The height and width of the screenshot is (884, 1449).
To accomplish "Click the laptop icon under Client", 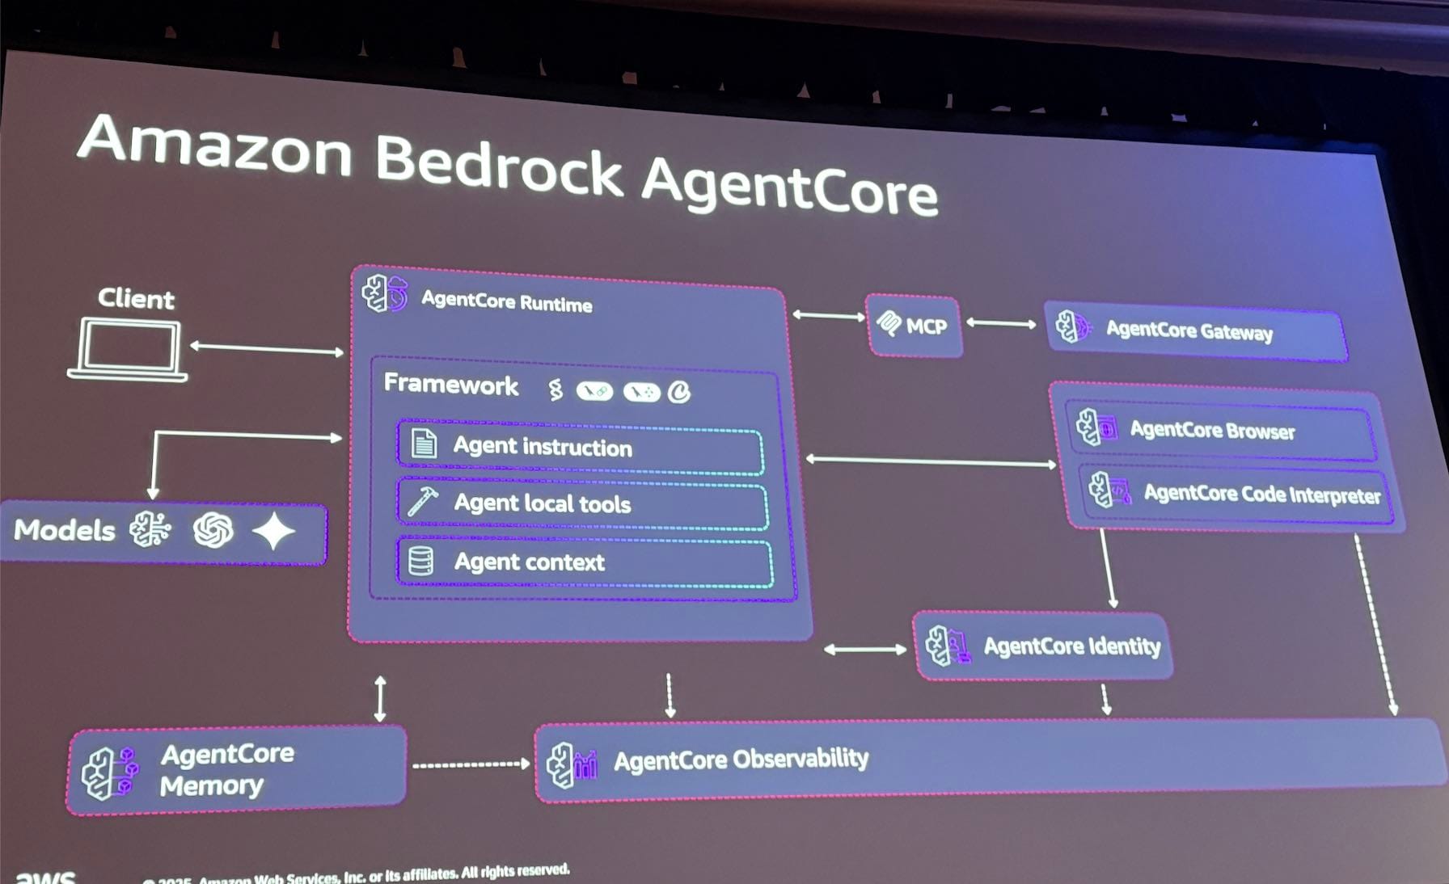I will click(x=128, y=349).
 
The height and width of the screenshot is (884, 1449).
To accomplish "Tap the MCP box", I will click(x=914, y=326).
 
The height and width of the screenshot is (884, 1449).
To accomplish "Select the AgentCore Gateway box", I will click(x=1195, y=330).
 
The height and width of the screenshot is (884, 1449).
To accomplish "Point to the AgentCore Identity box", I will click(x=1043, y=646).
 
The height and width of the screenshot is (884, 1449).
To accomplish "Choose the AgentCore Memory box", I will click(x=236, y=770).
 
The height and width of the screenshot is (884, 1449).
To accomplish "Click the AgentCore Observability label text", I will click(x=741, y=760).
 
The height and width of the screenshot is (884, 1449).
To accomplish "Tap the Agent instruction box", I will click(x=580, y=446).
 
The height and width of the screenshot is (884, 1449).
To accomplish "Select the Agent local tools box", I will click(x=582, y=504).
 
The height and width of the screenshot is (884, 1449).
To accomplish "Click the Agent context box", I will click(x=584, y=562).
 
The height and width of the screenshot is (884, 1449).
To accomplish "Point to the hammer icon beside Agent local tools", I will click(x=422, y=502).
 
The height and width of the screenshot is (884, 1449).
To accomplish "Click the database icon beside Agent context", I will click(x=420, y=561).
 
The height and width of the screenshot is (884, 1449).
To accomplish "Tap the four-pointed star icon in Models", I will click(x=273, y=532).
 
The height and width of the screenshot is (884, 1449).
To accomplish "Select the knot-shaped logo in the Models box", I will click(x=213, y=530).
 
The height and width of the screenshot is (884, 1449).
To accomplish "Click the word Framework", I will click(x=450, y=384).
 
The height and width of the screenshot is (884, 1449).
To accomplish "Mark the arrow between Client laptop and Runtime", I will click(x=267, y=349).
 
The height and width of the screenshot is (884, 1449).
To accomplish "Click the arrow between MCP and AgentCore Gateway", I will click(x=1001, y=324).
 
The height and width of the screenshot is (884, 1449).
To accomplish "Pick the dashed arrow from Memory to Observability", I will click(x=471, y=764).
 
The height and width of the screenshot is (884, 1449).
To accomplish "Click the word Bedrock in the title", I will click(x=498, y=164).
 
